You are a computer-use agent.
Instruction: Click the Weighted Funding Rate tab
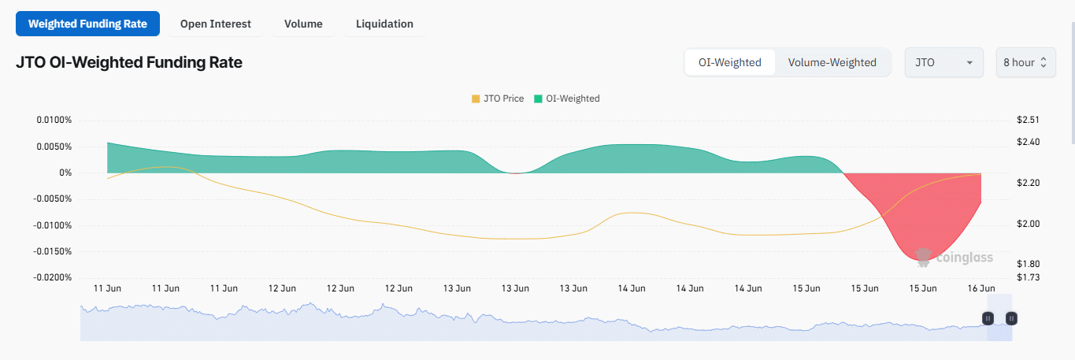87,24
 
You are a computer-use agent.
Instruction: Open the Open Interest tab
215,24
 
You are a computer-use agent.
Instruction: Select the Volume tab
303,24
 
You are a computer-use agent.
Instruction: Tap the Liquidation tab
384,24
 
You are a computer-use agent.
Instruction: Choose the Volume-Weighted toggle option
832,62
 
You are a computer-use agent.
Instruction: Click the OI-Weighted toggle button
730,62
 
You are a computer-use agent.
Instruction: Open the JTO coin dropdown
943,62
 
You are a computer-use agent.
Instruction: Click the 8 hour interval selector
1025,62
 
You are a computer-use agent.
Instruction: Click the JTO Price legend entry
497,98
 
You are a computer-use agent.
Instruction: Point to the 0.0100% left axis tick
54,120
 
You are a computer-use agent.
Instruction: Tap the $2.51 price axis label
1029,120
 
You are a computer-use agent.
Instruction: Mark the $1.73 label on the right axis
1029,277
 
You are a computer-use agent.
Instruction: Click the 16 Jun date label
981,288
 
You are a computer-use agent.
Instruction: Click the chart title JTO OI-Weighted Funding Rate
129,62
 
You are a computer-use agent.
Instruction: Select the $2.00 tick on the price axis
1029,224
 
